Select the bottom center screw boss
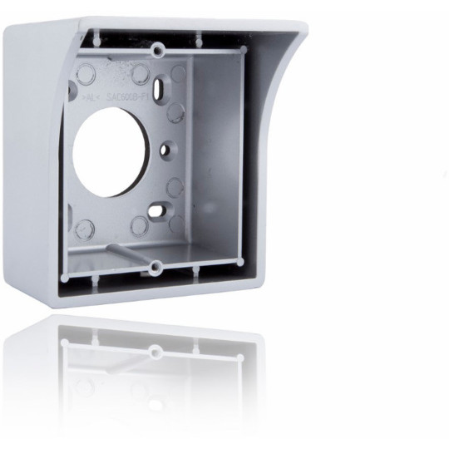(155, 267)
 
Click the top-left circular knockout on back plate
(86, 74)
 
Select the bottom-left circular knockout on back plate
(84, 228)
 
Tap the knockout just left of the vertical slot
(140, 75)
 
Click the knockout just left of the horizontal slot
(140, 225)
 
